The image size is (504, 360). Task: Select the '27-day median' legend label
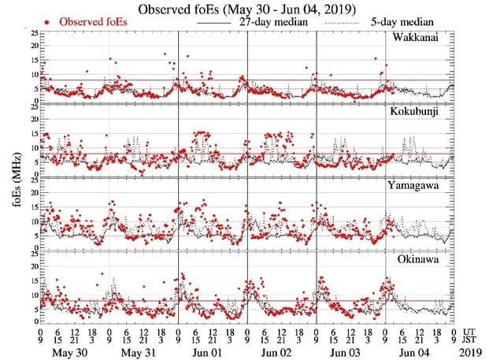(x=271, y=23)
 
